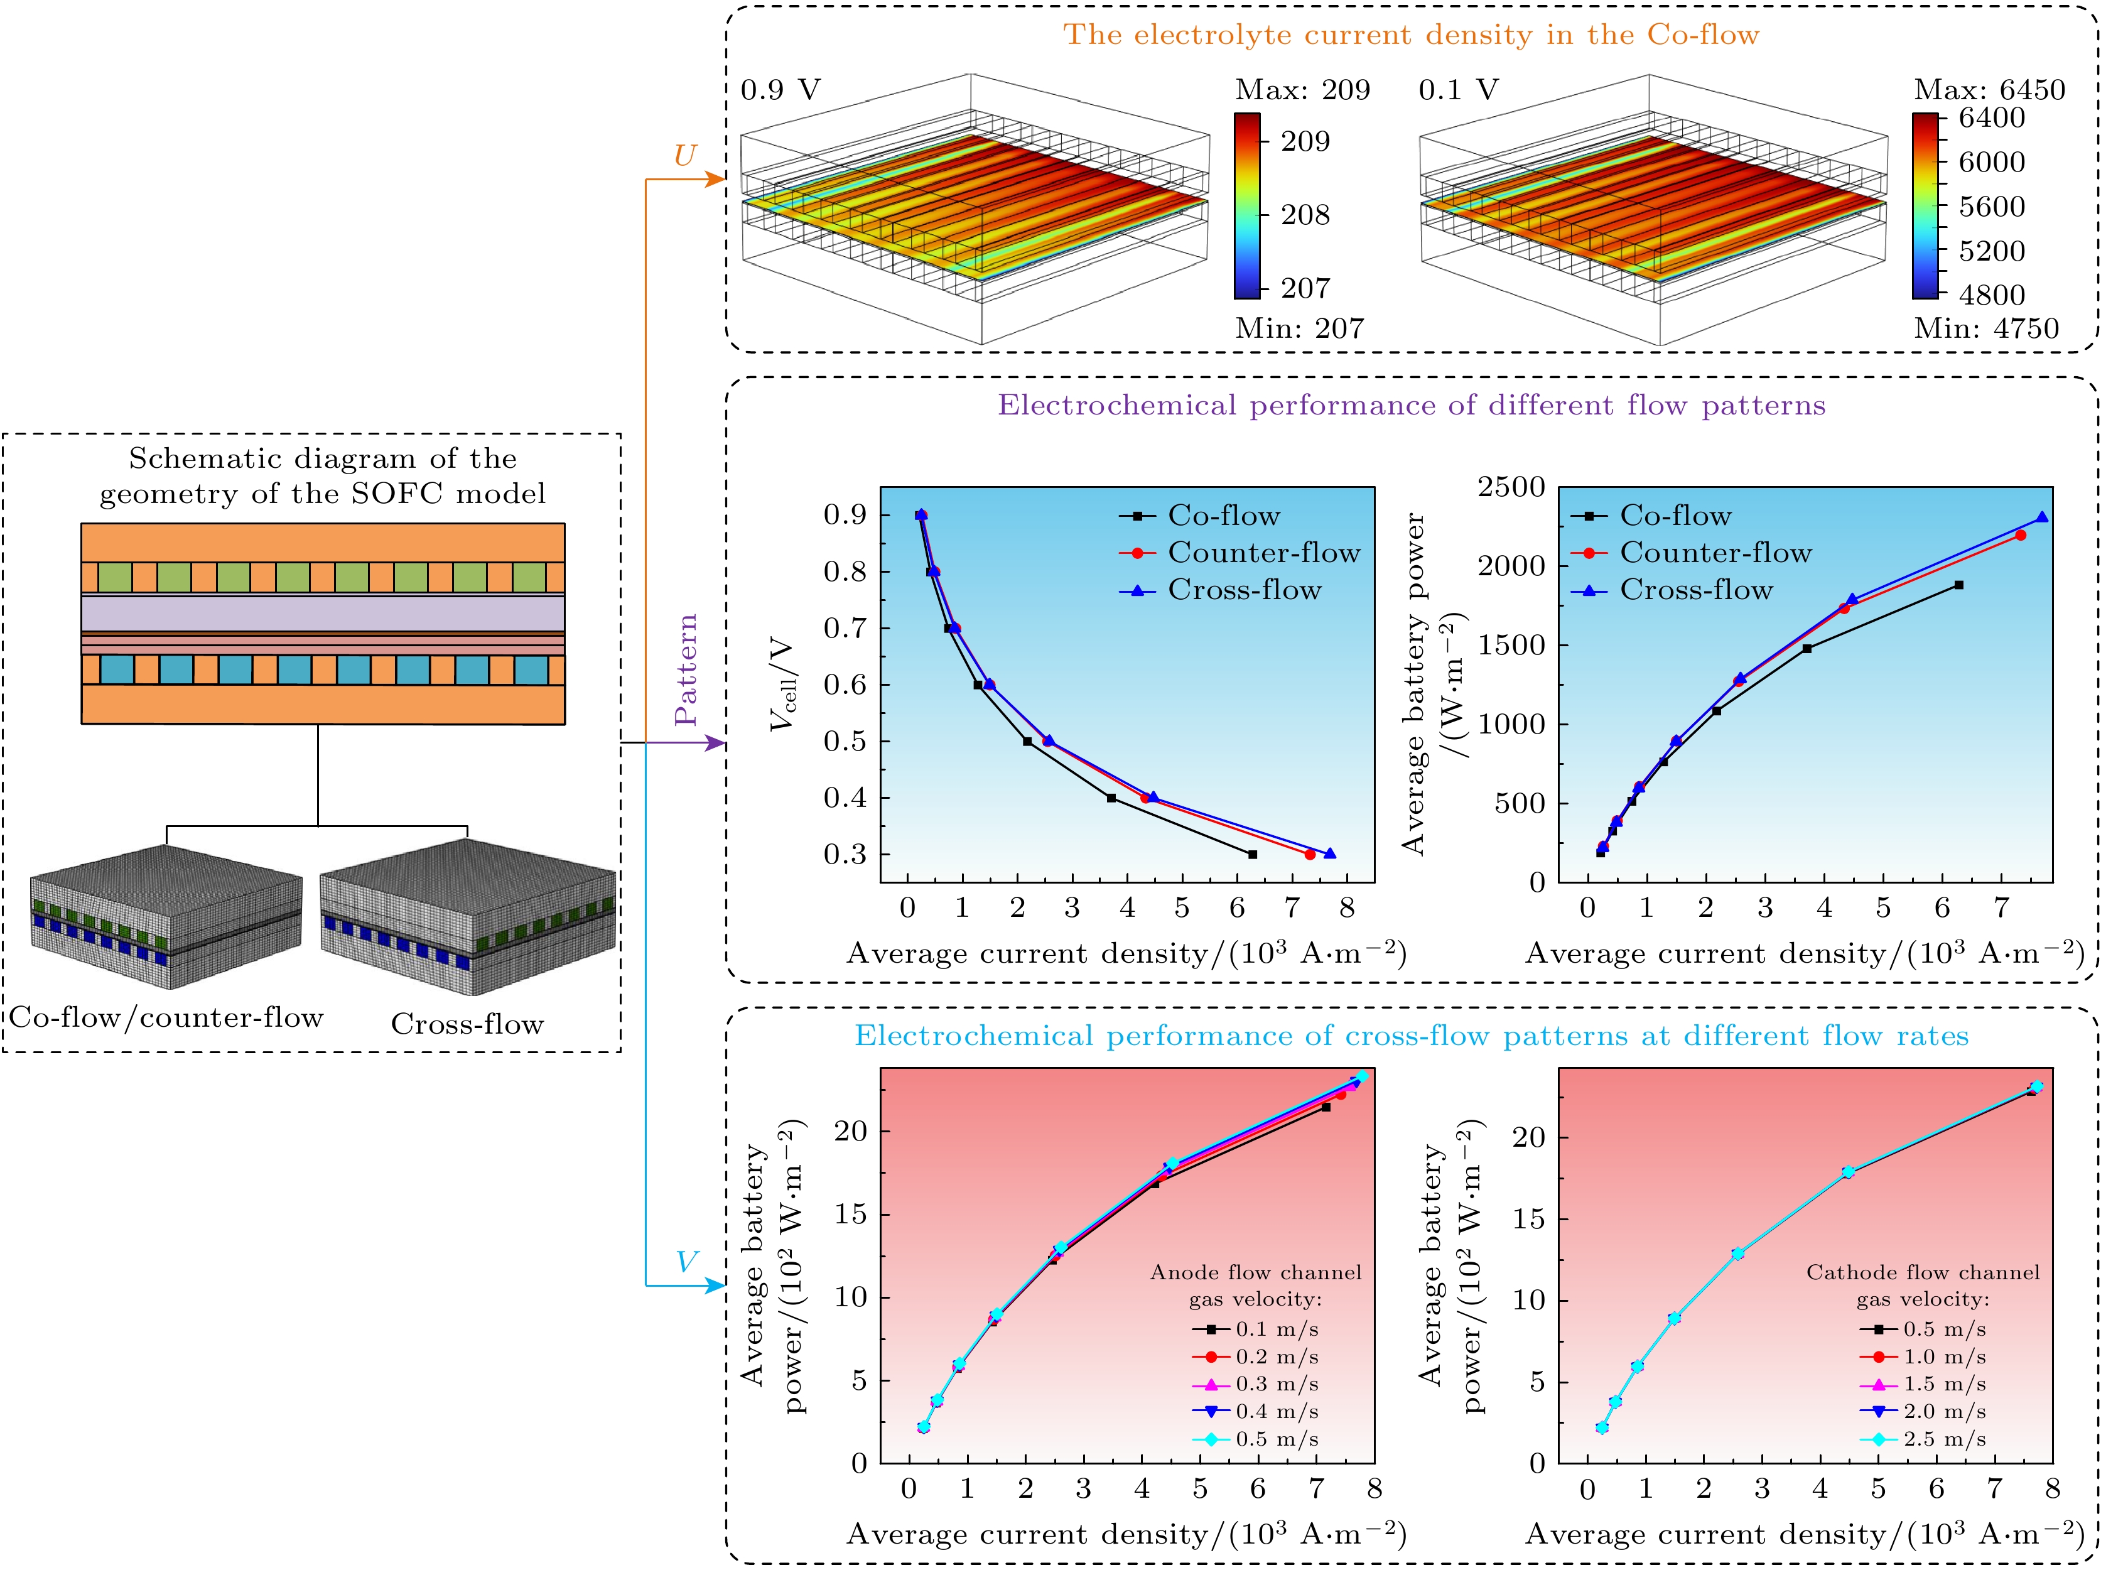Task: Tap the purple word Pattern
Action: click(x=686, y=669)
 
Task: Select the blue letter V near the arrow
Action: click(x=686, y=1262)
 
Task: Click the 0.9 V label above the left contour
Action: click(x=780, y=90)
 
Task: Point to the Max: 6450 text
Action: click(x=1989, y=90)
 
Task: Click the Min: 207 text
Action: click(x=1299, y=328)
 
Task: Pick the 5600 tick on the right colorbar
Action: click(x=1992, y=206)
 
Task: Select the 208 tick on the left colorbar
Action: click(x=1305, y=215)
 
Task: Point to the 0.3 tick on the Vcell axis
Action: click(x=845, y=855)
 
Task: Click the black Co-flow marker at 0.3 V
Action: click(x=1253, y=855)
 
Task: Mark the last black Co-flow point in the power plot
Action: click(x=1958, y=585)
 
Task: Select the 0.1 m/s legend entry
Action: click(x=1277, y=1329)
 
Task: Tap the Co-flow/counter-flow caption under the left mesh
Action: click(x=167, y=1017)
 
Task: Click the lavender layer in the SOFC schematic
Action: click(x=323, y=614)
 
